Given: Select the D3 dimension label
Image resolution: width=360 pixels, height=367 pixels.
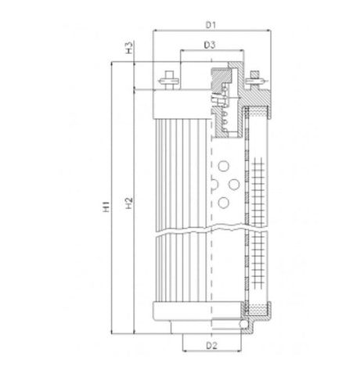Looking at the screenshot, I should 210,45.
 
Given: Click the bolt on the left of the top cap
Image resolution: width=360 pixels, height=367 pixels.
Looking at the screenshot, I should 168,78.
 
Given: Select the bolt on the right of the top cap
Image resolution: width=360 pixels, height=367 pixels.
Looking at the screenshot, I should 255,78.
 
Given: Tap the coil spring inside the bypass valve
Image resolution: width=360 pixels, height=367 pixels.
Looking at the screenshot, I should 225,117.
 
